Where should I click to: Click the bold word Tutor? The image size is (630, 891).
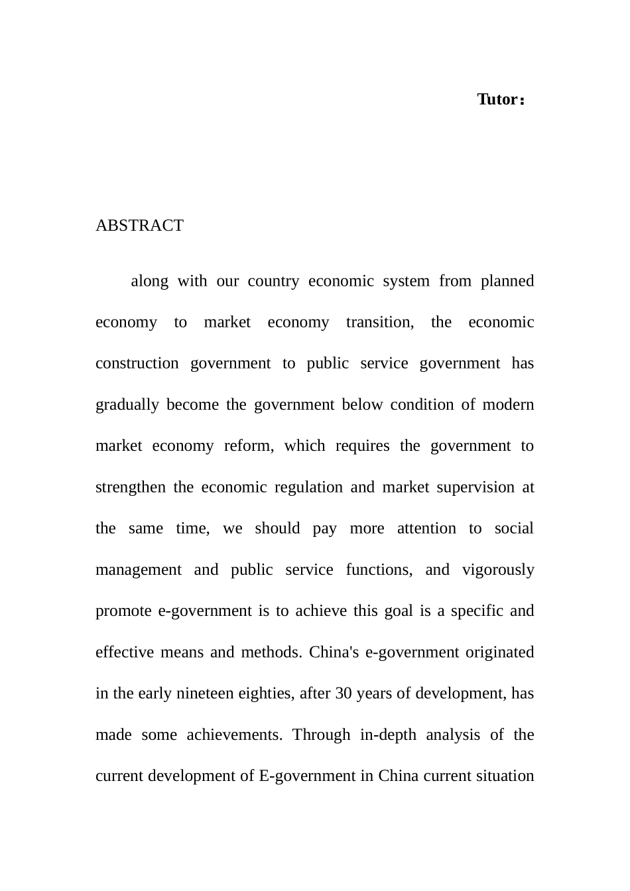click(497, 99)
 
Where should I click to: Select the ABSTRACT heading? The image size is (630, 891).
click(139, 225)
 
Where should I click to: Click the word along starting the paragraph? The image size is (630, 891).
click(149, 281)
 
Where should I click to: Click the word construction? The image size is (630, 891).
click(137, 363)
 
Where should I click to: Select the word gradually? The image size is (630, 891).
click(127, 404)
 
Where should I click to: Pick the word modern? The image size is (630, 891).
click(509, 404)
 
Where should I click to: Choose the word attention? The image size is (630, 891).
click(426, 528)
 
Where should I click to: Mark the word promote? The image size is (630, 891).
click(123, 611)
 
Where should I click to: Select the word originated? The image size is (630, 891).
click(499, 652)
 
